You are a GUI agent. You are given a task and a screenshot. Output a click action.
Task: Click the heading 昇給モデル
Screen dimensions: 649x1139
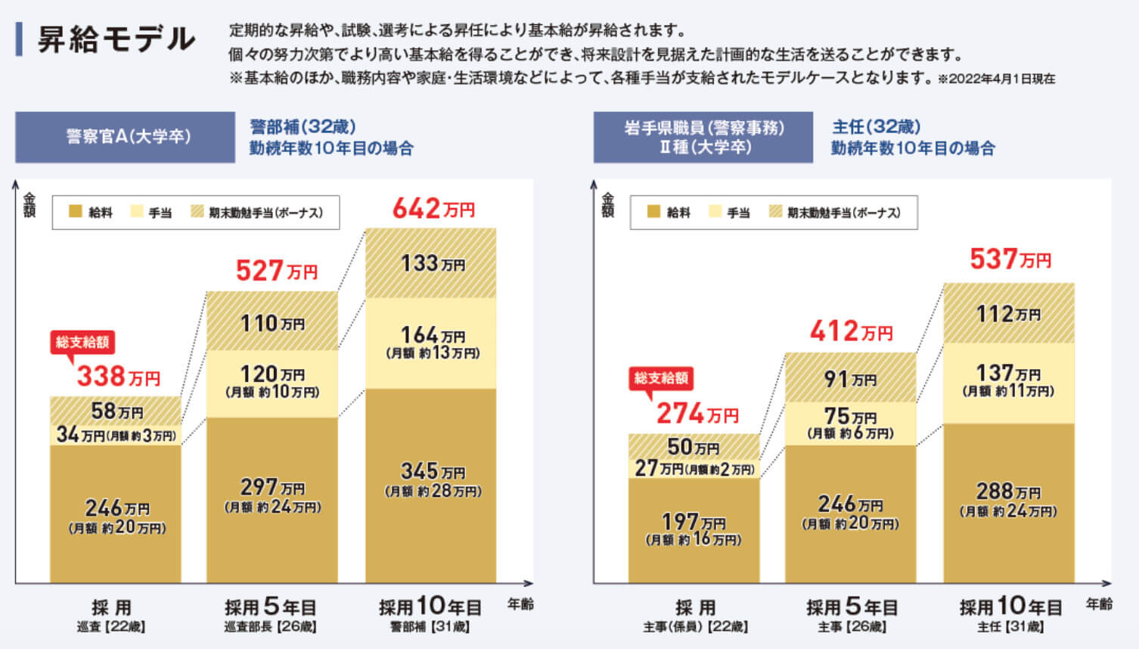pyautogui.click(x=116, y=39)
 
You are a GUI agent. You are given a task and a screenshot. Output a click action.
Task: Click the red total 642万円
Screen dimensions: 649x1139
pyautogui.click(x=433, y=208)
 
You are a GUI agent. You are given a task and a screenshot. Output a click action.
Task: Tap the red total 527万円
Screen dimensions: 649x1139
pyautogui.click(x=276, y=270)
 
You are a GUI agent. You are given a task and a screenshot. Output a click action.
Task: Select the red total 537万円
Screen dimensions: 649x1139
pyautogui.click(x=1010, y=259)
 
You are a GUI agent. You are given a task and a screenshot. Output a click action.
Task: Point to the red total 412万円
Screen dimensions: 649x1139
pyautogui.click(x=851, y=331)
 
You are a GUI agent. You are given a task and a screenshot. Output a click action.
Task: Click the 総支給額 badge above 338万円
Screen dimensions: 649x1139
pyautogui.click(x=82, y=342)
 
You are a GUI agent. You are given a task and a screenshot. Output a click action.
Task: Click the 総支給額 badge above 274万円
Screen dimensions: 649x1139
pyautogui.click(x=661, y=378)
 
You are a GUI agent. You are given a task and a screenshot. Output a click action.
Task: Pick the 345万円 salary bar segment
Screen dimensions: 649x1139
pyautogui.click(x=431, y=484)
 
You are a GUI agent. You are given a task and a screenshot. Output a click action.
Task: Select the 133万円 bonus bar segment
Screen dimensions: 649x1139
pyautogui.click(x=431, y=262)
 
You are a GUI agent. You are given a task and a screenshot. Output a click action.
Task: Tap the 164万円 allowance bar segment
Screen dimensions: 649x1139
pyautogui.click(x=431, y=343)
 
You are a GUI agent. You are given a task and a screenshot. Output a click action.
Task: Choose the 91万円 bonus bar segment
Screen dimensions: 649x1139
pyautogui.click(x=850, y=377)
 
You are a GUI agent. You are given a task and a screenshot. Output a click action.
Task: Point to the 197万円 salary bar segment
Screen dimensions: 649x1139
pyautogui.click(x=694, y=529)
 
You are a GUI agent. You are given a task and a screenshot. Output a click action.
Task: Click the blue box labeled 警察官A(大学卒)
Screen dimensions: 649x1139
pyautogui.click(x=126, y=137)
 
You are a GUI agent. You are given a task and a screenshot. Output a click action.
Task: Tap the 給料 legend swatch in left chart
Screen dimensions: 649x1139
pyautogui.click(x=75, y=212)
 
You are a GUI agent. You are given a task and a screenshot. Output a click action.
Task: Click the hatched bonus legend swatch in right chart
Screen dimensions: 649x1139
pyautogui.click(x=775, y=212)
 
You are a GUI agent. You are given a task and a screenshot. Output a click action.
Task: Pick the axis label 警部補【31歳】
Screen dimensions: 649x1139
pyautogui.click(x=430, y=627)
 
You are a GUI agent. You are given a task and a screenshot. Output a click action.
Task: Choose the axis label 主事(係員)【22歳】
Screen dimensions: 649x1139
pyautogui.click(x=695, y=627)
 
